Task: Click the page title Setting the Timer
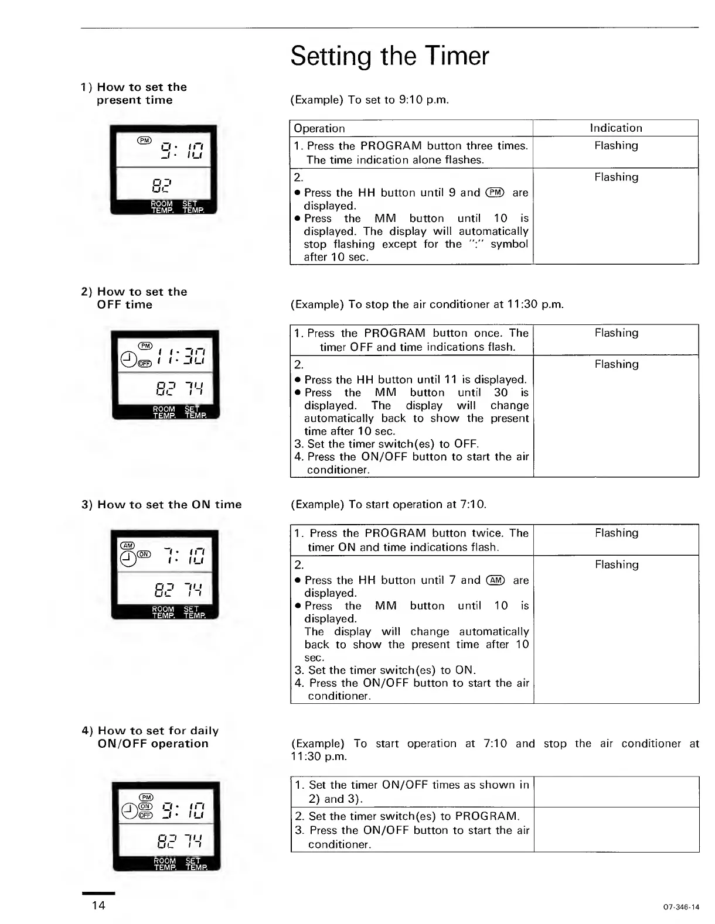[389, 56]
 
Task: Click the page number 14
[98, 905]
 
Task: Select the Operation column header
[319, 128]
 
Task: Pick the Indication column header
[615, 128]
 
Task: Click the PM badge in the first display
[144, 140]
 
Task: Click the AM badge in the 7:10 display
[127, 545]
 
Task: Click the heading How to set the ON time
[161, 504]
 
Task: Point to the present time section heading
[134, 94]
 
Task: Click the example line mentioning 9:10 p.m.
[370, 100]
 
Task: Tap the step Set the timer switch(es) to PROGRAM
[407, 816]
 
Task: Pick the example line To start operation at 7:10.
[389, 504]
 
